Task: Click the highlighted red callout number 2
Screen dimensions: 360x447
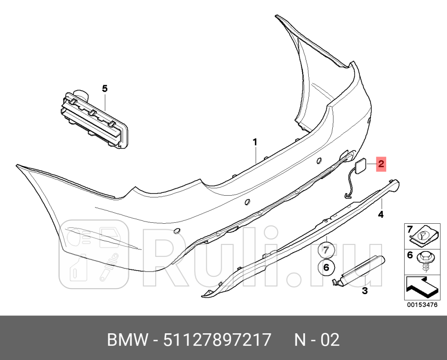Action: coord(381,163)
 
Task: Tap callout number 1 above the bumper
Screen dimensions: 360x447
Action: coord(255,143)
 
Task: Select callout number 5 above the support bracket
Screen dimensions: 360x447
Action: coord(105,88)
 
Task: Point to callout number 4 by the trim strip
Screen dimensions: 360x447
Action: coord(381,214)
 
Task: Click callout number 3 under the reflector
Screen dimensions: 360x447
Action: coord(364,291)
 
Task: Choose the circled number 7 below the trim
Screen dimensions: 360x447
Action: coord(325,251)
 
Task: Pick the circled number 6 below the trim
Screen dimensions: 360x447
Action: coord(325,267)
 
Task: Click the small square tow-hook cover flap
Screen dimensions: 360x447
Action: coord(361,164)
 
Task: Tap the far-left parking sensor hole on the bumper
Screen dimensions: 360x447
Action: coord(176,231)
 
